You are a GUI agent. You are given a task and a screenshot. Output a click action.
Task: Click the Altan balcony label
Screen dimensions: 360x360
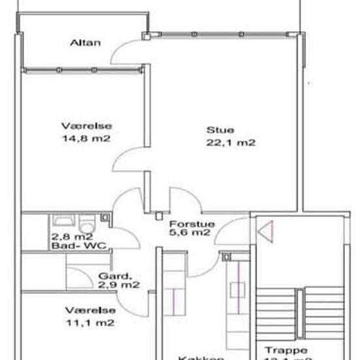tap(86, 43)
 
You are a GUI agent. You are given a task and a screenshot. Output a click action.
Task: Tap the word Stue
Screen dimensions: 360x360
tap(220, 130)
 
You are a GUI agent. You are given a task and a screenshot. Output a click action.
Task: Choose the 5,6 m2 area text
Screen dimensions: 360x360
tap(190, 232)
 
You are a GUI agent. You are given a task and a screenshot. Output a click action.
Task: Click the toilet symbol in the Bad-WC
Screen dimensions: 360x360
tap(103, 221)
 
